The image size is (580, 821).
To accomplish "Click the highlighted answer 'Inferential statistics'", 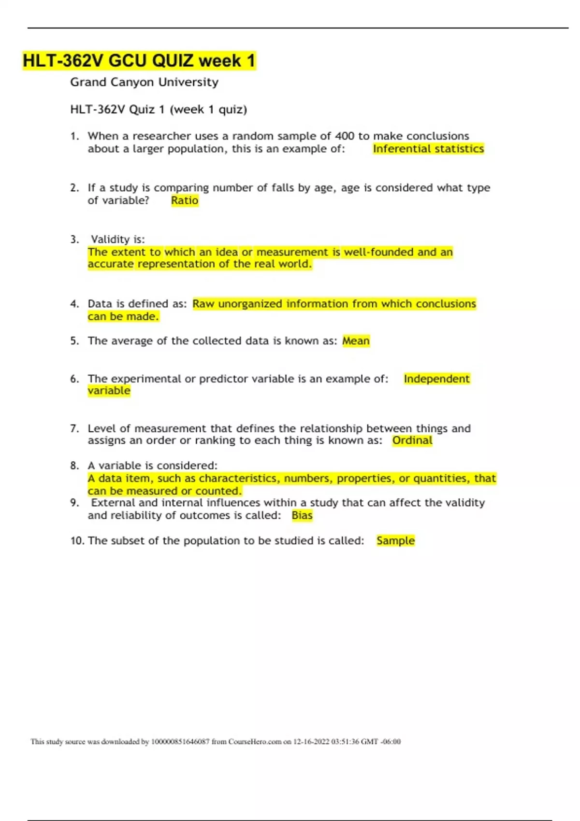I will [x=428, y=149].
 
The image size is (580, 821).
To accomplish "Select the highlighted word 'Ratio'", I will [x=185, y=200].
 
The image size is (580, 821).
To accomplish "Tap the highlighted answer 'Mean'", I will [x=356, y=341].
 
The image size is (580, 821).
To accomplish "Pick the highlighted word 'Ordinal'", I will [x=412, y=440].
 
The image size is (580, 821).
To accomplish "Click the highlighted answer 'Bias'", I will [x=302, y=515].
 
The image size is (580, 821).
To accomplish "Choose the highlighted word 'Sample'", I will [x=395, y=541].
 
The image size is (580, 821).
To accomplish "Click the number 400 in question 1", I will [x=345, y=136].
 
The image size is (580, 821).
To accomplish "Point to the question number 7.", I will [x=74, y=428].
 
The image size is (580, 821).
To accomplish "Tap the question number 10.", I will [x=77, y=541].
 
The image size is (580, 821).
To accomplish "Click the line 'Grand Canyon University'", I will [x=144, y=82].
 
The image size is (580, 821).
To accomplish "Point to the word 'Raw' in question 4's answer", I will [x=203, y=304].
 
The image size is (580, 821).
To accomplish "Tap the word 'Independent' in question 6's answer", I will [x=436, y=379].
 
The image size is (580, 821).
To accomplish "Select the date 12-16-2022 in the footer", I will [x=311, y=742].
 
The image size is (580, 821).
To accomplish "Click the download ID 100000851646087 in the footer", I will [x=180, y=742].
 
